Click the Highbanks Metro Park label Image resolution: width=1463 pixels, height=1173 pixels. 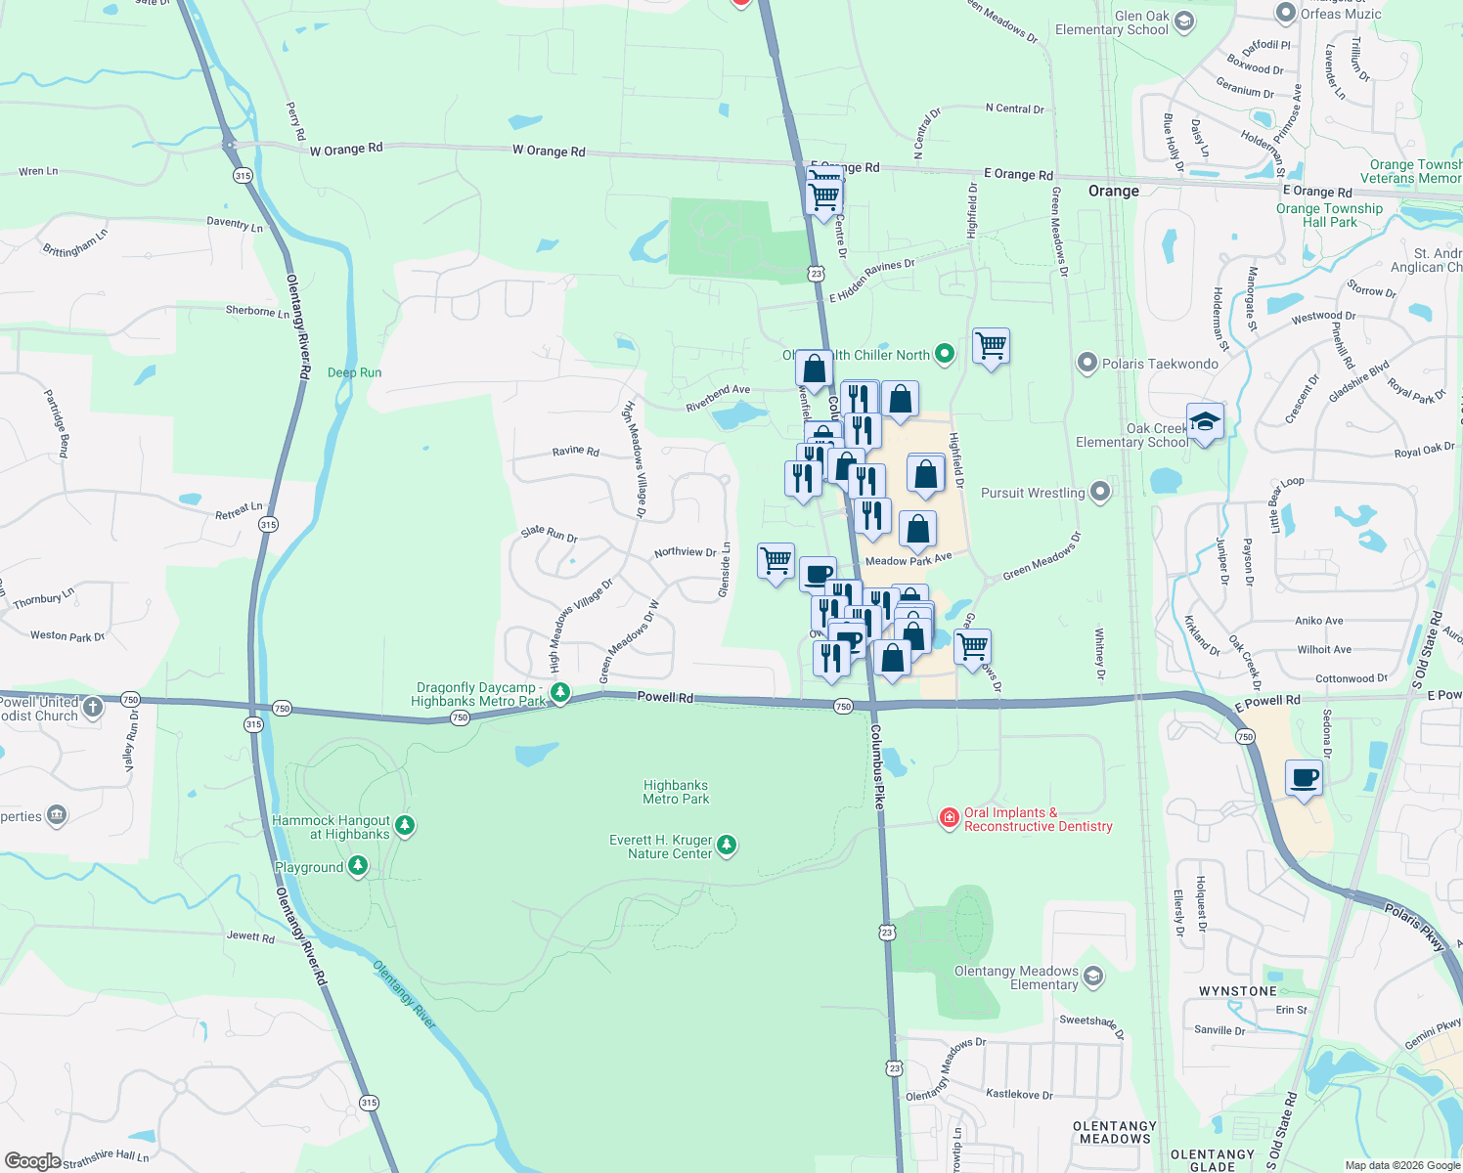coord(676,792)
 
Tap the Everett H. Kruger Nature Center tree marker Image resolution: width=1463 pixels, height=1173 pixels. coord(726,845)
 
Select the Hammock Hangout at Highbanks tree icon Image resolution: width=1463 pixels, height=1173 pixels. coord(404,826)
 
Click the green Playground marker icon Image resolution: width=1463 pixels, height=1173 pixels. coord(358,866)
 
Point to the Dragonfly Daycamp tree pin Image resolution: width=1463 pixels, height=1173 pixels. coord(560,693)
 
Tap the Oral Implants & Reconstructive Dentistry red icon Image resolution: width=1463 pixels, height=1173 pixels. coord(949,818)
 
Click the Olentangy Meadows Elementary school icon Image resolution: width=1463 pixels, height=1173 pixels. coord(1093,977)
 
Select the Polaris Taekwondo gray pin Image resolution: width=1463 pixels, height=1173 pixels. coord(1086,364)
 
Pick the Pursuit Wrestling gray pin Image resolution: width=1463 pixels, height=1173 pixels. coord(1100,492)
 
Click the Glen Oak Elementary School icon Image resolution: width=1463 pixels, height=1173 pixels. coord(1184,22)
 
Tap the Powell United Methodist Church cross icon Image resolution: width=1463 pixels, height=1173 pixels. coord(93,707)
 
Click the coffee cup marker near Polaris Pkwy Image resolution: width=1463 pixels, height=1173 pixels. coord(1305,778)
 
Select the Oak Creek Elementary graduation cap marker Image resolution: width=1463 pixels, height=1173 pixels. coord(1205,421)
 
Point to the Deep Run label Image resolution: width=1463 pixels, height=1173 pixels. coord(354,372)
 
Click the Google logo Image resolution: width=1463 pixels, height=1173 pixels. coord(32,1160)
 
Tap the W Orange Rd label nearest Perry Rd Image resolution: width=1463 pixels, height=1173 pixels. coord(346,150)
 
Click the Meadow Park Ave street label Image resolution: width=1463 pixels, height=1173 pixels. coord(909,560)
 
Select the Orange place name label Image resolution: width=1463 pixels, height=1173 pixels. coord(1114,191)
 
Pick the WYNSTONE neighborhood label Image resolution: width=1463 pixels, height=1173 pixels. coord(1237,991)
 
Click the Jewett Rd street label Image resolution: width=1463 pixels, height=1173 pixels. coord(250,936)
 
